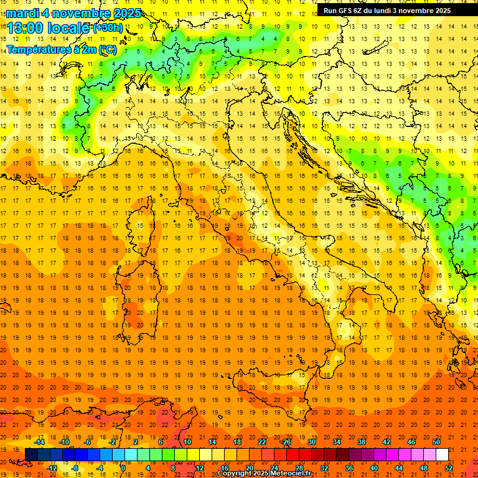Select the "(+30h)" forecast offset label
coord(108,28)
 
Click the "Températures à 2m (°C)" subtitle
coord(61,49)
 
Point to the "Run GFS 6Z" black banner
coord(391,10)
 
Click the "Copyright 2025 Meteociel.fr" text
coord(265,474)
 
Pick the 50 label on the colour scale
coord(436,442)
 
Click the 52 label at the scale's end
coord(449,467)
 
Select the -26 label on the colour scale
coord(286,442)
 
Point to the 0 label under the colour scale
coord(123,467)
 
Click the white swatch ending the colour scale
coord(442,454)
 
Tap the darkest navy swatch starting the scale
coord(31,454)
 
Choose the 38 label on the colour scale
coord(362,442)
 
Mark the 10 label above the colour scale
coord(187,442)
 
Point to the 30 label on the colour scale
coord(311,442)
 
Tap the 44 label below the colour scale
coord(399,467)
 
